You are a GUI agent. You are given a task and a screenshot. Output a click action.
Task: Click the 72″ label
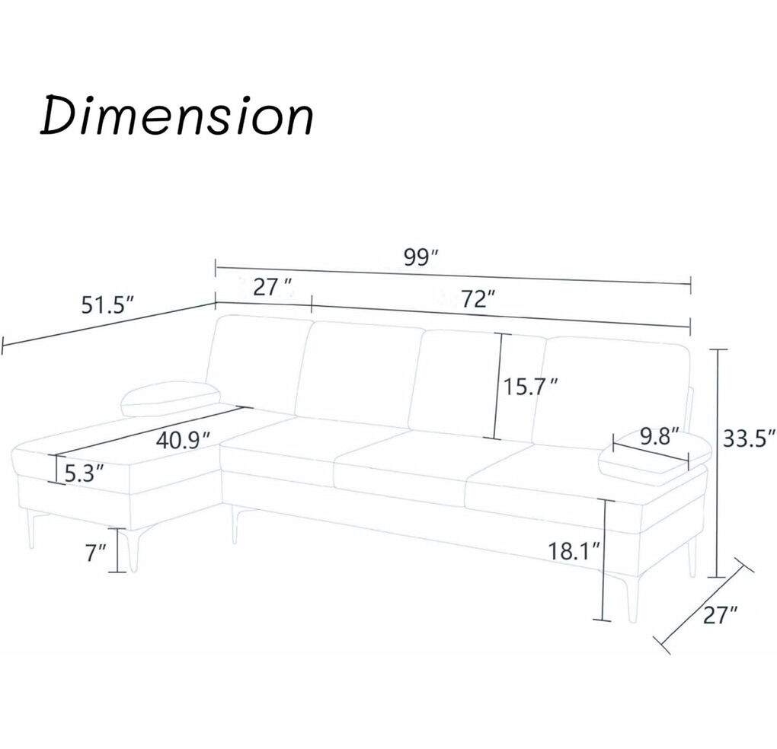pos(478,298)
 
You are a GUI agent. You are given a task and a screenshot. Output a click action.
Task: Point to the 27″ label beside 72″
pos(273,287)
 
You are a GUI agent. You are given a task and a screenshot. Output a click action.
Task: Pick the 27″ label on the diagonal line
pos(721,615)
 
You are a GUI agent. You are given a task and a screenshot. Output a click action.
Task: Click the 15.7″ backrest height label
pos(531,387)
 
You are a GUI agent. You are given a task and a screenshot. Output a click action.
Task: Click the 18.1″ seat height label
pos(575,550)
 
